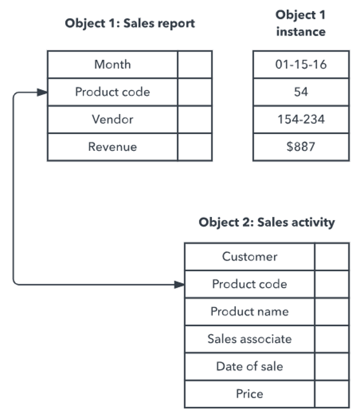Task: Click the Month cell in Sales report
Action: (x=113, y=64)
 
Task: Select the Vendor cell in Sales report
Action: (x=113, y=119)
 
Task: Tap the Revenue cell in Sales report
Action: (x=113, y=147)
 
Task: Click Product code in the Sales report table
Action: (x=113, y=92)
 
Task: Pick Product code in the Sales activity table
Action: (x=249, y=284)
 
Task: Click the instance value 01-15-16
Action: (x=301, y=64)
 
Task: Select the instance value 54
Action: (x=301, y=92)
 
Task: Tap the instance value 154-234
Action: (x=301, y=119)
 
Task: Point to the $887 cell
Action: (x=301, y=147)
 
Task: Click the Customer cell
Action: (x=249, y=257)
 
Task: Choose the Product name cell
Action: (x=249, y=312)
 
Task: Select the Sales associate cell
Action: (x=249, y=339)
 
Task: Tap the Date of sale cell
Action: (x=249, y=367)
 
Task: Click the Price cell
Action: (x=249, y=394)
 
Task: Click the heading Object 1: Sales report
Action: (x=130, y=23)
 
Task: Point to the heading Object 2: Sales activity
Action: (x=267, y=223)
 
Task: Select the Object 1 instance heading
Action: (x=301, y=23)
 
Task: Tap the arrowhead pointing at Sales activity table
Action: (x=179, y=285)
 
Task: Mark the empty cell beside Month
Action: (x=195, y=64)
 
